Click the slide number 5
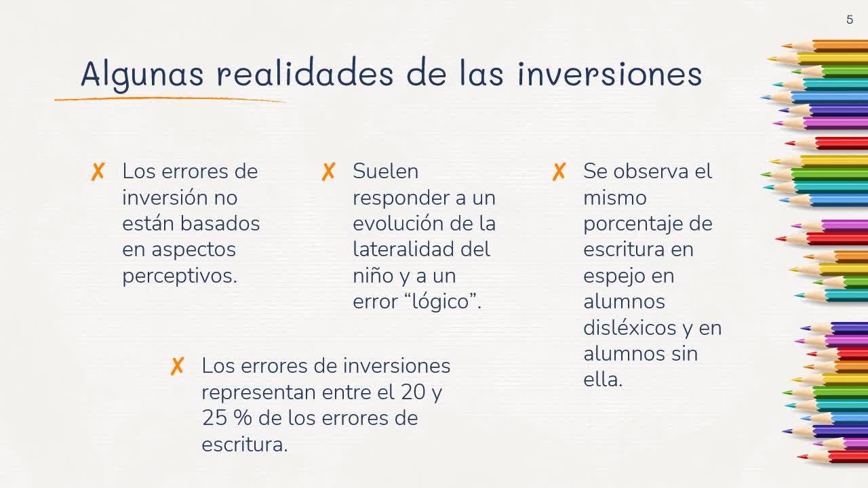coord(850,20)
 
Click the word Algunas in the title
coord(142,75)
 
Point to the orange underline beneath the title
coord(170,99)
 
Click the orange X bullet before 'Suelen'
coord(328,171)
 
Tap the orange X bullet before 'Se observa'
coord(559,171)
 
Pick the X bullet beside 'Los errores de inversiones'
coord(177,366)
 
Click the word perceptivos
coord(180,277)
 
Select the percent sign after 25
coord(243,418)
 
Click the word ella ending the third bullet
coord(603,379)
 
